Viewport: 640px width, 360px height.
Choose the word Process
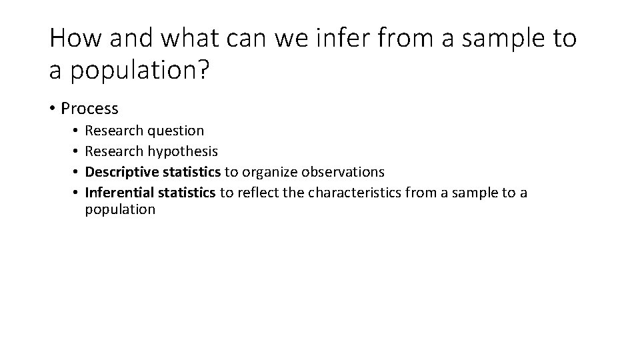pos(89,109)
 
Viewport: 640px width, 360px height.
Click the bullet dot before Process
pos(53,109)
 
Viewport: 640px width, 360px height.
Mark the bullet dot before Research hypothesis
pos(77,151)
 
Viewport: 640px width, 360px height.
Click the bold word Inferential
pos(118,193)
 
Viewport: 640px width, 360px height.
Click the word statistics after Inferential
pos(185,193)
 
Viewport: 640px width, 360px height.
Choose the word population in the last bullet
pos(120,209)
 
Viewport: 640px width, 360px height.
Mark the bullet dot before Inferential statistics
pos(77,193)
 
